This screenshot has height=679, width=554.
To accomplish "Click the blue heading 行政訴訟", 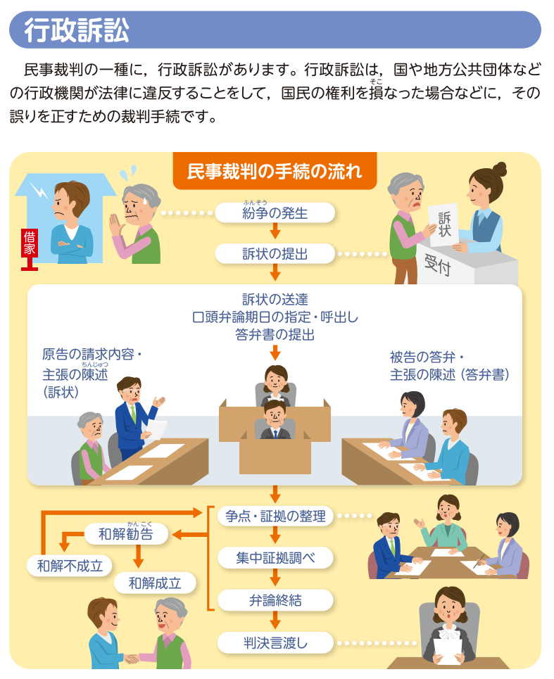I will tap(77, 30).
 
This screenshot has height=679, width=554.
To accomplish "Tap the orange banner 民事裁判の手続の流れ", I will tap(275, 171).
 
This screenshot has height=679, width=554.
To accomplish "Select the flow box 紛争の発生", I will tap(275, 212).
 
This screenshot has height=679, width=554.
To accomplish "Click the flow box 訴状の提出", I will tap(275, 253).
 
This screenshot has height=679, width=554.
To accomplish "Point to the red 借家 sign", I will tap(30, 243).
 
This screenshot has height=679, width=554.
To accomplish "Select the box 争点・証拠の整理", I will tap(275, 516).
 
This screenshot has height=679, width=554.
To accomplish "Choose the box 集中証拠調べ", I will tap(275, 558).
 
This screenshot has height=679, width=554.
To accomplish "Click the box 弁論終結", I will tap(275, 600).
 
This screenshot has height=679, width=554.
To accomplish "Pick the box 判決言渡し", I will tap(275, 642).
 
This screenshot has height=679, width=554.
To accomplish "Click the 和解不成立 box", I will tap(70, 564).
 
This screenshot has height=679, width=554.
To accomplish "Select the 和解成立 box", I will tap(155, 583).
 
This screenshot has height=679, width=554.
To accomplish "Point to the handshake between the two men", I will tap(133, 658).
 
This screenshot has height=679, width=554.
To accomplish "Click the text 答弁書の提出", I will tap(275, 335).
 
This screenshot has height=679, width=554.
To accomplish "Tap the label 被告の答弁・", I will tap(427, 357).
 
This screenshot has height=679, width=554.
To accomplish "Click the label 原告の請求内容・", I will tap(92, 354).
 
